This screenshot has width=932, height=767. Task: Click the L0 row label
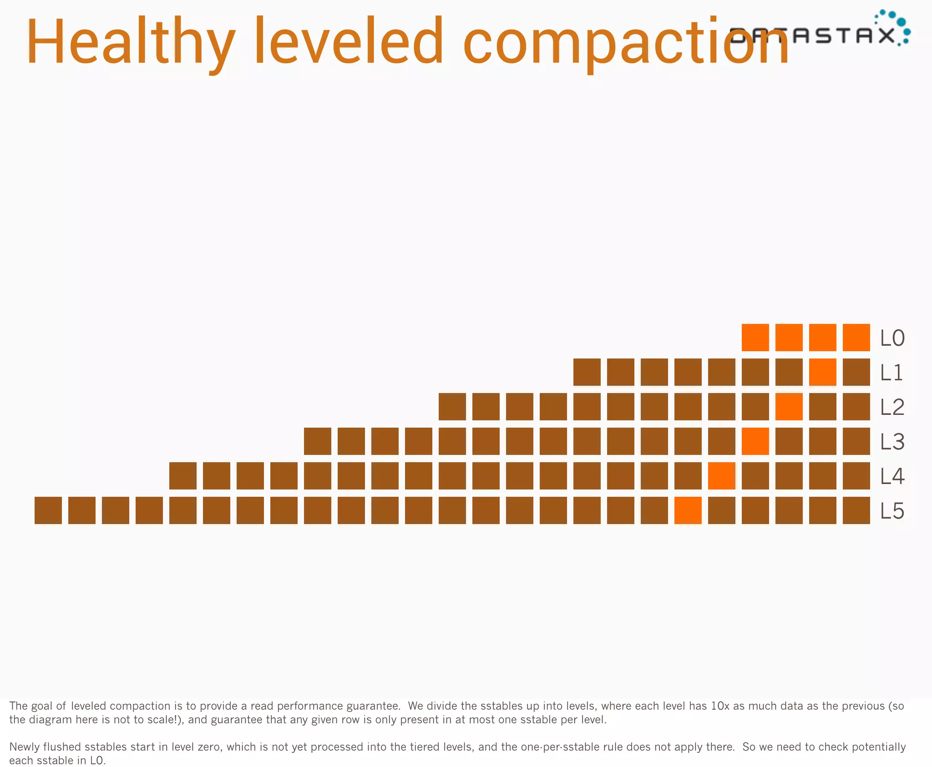892,338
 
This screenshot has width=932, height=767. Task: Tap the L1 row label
891,373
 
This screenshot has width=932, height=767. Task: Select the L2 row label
892,407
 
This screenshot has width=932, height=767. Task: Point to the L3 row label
892,442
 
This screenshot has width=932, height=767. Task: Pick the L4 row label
892,476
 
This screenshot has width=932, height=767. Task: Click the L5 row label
892,511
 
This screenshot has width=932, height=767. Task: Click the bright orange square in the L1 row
822,372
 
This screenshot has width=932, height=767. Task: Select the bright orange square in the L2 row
789,407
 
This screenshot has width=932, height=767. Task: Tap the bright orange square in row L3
755,441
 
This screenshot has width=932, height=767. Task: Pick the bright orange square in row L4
721,476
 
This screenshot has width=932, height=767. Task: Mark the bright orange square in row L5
688,510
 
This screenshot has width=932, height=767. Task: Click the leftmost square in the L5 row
48,510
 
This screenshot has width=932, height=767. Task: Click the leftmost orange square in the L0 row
755,338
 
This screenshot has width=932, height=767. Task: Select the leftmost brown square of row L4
182,476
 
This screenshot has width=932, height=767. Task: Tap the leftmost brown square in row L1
587,372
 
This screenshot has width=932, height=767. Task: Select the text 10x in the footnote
720,706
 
